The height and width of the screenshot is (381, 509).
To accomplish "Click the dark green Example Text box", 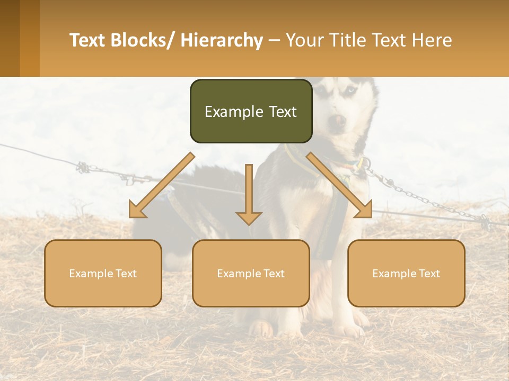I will (251, 111).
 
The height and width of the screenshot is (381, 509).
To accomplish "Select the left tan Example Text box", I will (103, 273).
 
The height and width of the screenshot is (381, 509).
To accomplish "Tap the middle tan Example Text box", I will (251, 273).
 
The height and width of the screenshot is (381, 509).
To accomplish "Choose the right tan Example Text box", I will (406, 273).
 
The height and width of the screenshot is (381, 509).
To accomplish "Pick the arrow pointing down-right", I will (339, 186).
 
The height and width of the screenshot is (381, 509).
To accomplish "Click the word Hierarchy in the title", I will (222, 40).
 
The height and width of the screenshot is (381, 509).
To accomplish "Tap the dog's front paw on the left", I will (261, 329).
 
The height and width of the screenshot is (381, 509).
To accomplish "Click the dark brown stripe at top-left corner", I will (10, 38).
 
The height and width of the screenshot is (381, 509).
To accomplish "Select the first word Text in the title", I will (88, 40).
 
